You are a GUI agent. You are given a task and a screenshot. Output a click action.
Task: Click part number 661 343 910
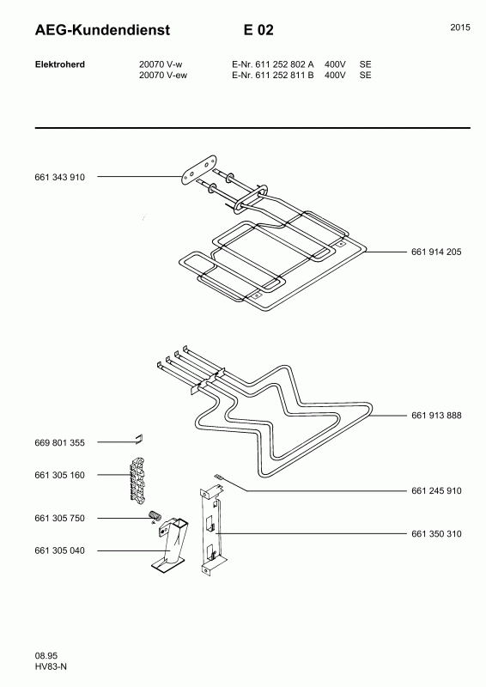[x=59, y=178]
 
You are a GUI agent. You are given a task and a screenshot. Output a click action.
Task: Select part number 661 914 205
[x=436, y=252]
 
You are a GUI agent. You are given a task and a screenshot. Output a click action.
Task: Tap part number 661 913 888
[x=436, y=416]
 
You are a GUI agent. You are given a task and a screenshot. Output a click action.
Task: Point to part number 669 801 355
[x=59, y=443]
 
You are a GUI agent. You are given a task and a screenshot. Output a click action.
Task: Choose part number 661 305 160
[x=59, y=476]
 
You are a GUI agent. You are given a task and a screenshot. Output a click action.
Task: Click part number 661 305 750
[x=59, y=519]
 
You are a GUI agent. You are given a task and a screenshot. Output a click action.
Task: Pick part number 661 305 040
[x=59, y=550]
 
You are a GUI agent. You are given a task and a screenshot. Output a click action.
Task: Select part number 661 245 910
[x=436, y=491]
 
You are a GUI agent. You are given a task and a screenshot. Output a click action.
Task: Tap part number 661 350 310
[x=436, y=534]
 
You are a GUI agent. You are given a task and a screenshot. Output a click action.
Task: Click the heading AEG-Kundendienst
[x=102, y=30]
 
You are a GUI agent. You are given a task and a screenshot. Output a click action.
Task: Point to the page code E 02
[x=258, y=30]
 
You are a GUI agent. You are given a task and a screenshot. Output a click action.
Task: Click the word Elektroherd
[x=59, y=64]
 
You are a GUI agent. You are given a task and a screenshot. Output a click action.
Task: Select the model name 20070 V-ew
[x=163, y=76]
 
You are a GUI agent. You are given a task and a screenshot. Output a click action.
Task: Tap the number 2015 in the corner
[x=460, y=27]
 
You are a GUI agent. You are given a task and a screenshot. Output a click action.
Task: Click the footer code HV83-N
[x=51, y=667]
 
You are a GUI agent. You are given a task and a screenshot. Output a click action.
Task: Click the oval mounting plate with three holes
[x=199, y=168]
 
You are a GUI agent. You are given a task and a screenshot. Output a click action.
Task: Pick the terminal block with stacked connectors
[x=137, y=479]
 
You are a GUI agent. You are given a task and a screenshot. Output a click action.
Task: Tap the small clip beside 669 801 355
[x=139, y=439]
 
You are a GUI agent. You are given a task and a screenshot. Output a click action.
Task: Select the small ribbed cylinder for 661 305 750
[x=155, y=515]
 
